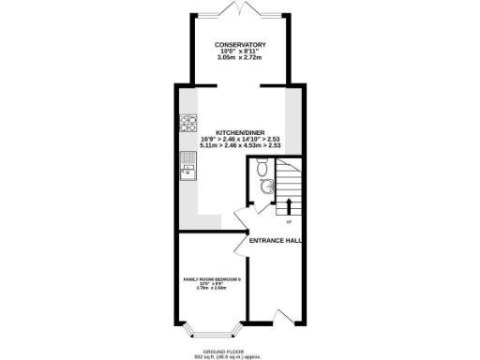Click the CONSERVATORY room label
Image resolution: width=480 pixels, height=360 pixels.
click(239, 44)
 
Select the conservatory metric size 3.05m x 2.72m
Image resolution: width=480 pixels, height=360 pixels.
click(239, 58)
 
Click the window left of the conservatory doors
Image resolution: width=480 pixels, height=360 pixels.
click(207, 14)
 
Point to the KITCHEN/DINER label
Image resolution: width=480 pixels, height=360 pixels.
click(239, 132)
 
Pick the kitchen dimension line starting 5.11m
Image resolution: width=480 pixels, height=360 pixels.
click(239, 145)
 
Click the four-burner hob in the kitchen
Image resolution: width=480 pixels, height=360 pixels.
click(187, 121)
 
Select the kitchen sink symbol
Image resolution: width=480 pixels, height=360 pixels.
click(187, 170)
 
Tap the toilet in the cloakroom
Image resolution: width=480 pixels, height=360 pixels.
click(262, 170)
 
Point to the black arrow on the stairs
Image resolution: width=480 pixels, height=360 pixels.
click(288, 205)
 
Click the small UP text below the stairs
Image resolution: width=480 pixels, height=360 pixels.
click(288, 222)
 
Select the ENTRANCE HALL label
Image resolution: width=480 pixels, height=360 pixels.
click(275, 240)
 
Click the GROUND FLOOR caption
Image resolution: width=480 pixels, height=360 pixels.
click(239, 351)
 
